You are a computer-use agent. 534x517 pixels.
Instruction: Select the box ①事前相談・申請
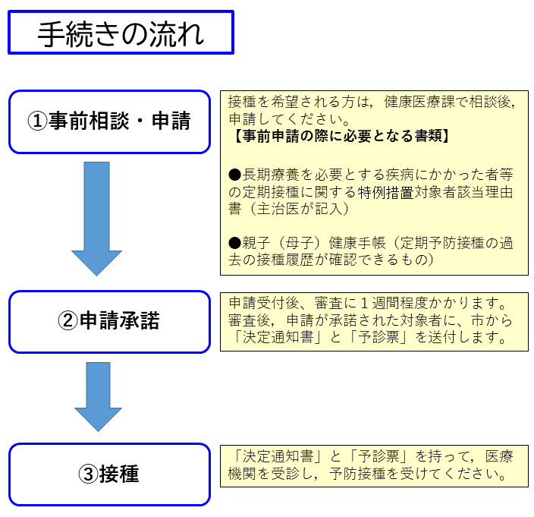click(109, 121)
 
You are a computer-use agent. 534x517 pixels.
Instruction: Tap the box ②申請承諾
click(109, 321)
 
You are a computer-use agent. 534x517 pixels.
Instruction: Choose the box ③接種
click(109, 474)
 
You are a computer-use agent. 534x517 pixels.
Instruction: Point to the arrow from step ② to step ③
click(99, 396)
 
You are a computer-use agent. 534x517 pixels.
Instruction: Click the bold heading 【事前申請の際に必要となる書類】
click(341, 137)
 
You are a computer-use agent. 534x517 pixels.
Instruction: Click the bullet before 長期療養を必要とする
click(234, 172)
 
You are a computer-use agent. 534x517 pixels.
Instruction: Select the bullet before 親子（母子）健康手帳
click(234, 242)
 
